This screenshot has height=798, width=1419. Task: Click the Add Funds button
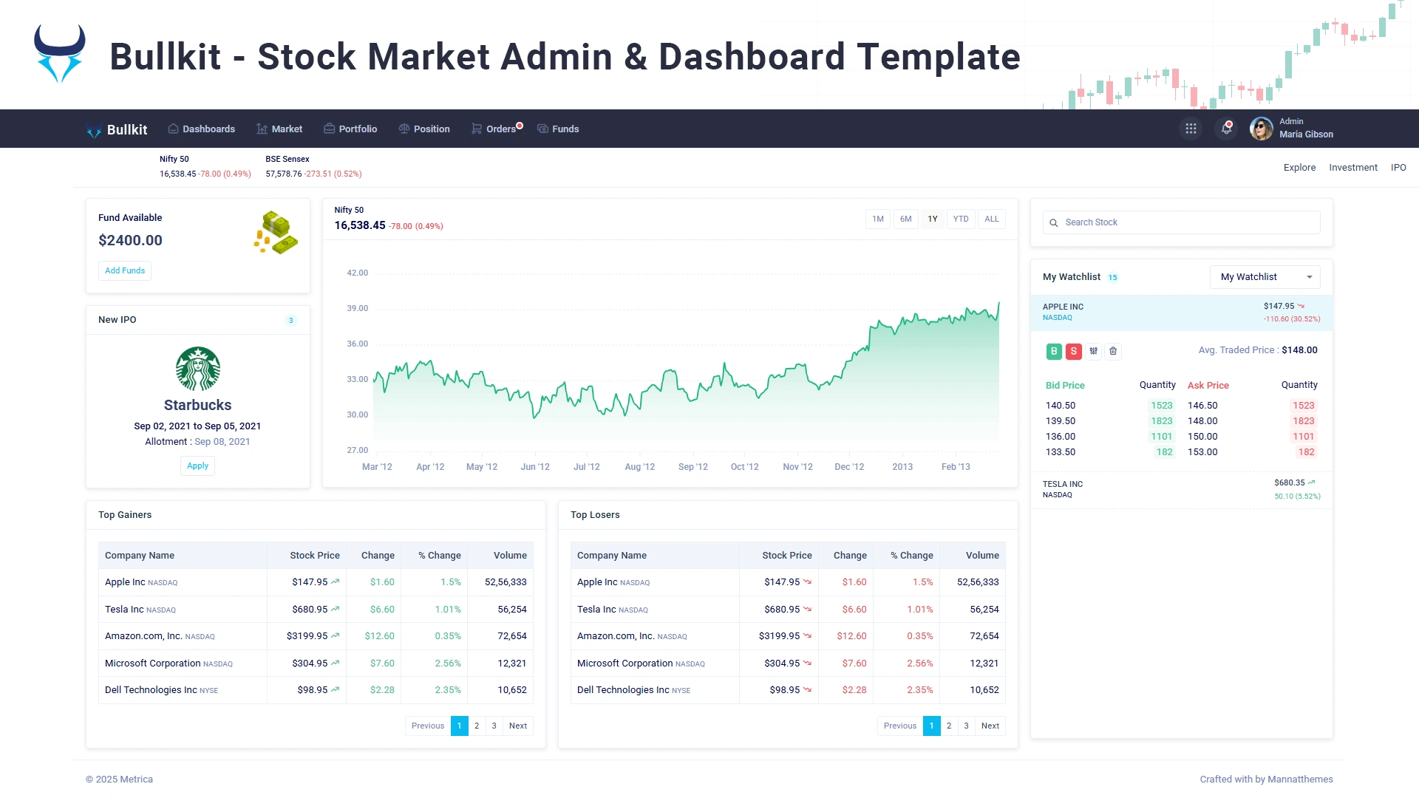click(125, 271)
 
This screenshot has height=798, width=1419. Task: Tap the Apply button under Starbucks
click(197, 466)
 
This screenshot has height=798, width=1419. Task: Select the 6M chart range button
click(905, 219)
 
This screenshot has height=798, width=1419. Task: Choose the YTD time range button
click(960, 219)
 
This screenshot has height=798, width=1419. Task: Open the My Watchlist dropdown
click(1265, 277)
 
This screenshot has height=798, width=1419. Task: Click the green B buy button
click(1054, 352)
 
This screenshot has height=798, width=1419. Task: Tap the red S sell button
click(1073, 352)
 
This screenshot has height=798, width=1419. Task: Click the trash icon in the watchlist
click(1113, 352)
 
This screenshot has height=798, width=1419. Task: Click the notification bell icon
click(1226, 129)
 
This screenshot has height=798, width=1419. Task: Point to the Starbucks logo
click(197, 369)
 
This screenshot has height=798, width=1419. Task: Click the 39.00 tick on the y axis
click(357, 309)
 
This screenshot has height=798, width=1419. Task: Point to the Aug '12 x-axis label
click(639, 467)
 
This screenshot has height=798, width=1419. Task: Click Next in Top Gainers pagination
click(517, 726)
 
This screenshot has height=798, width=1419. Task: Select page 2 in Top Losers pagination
click(949, 726)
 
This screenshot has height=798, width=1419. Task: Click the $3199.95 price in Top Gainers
click(307, 636)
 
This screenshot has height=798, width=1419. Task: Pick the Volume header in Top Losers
click(982, 556)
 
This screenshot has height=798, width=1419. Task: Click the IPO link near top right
click(1398, 168)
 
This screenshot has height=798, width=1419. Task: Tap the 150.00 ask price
click(1202, 437)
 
